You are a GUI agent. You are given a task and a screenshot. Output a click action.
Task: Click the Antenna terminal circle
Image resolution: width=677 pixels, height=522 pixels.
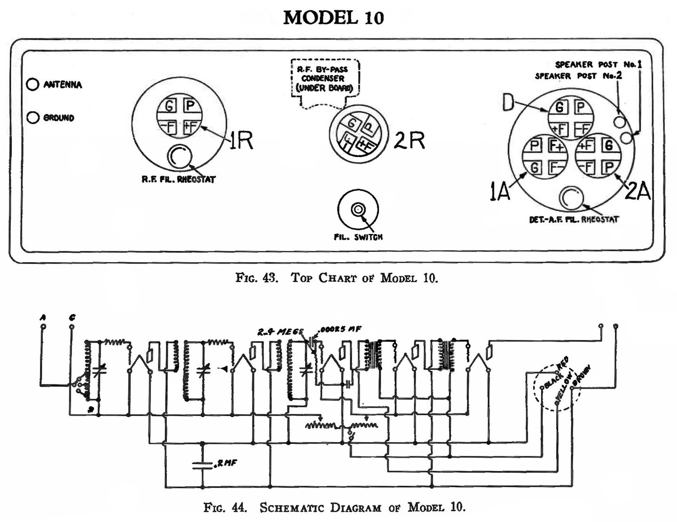[x=32, y=85]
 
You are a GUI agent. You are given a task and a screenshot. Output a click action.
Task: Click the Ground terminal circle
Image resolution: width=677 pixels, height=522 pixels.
[x=32, y=117]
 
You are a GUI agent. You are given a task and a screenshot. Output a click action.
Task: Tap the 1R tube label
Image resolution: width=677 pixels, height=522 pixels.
[x=241, y=140]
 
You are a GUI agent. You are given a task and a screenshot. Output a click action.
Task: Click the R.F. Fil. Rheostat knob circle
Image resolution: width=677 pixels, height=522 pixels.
[x=179, y=156]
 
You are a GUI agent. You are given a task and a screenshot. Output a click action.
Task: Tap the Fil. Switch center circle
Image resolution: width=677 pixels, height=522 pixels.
[x=358, y=209]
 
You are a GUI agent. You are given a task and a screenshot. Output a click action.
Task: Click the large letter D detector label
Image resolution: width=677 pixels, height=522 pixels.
[x=508, y=103]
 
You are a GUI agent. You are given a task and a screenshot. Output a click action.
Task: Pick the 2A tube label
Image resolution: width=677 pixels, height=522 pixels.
[x=638, y=192]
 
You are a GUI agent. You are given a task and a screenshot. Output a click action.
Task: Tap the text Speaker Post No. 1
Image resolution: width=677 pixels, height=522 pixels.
[x=598, y=64]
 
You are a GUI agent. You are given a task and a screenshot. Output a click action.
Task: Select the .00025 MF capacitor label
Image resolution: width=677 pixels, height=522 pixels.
[x=339, y=329]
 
